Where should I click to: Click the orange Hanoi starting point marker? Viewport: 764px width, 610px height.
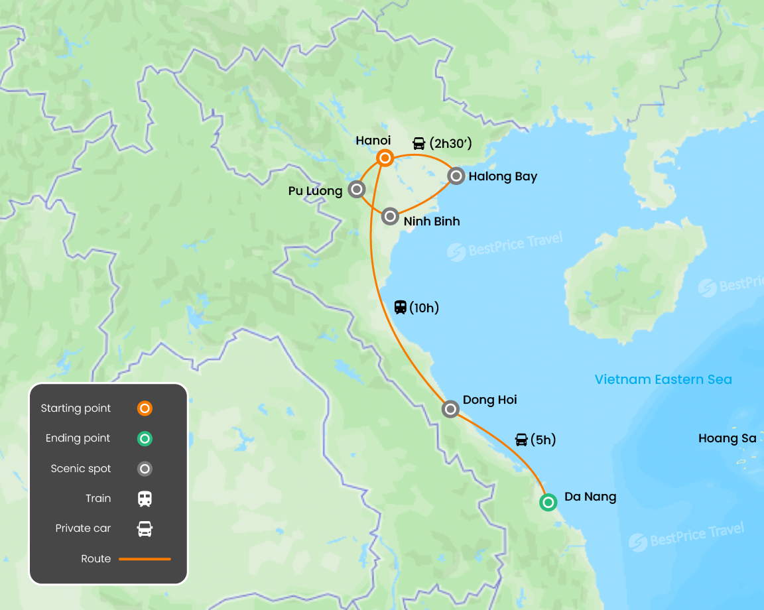(385, 158)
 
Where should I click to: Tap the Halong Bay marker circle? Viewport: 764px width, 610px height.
(456, 176)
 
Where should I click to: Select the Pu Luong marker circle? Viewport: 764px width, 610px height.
(357, 190)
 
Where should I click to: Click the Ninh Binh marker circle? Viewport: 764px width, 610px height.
(390, 216)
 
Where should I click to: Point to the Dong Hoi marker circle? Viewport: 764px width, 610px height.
(450, 409)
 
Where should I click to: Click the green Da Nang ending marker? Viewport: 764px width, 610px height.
(548, 502)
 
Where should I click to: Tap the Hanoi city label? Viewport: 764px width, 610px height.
(373, 141)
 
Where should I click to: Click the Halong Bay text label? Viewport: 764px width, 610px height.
(503, 176)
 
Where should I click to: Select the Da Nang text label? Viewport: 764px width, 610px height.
(590, 497)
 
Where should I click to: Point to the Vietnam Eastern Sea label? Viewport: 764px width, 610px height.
(663, 380)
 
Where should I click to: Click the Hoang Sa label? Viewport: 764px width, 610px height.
(728, 438)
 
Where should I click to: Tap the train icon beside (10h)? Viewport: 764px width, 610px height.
(401, 307)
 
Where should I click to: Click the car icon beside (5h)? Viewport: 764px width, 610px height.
(521, 440)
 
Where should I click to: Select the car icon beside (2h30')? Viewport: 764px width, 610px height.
(419, 143)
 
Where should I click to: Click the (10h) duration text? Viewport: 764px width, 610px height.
(424, 308)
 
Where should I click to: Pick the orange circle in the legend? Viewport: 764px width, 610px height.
(145, 408)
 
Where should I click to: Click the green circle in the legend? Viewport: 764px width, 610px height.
(145, 438)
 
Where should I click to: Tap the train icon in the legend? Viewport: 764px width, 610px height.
(145, 499)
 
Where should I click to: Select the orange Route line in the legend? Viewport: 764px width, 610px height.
(145, 559)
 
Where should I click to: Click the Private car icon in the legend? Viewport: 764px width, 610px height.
(145, 528)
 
